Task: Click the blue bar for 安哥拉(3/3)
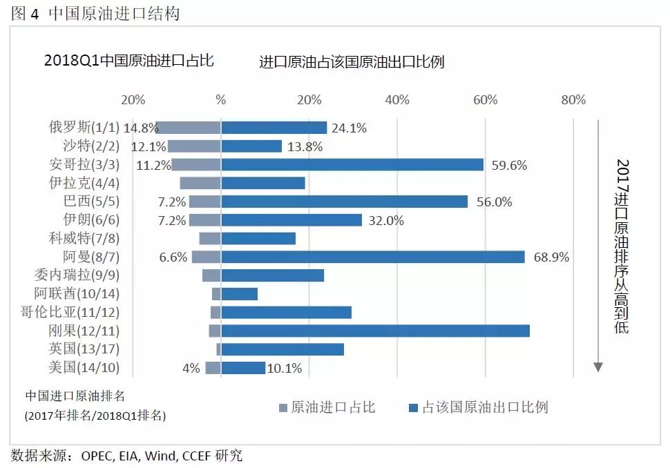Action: point(352,165)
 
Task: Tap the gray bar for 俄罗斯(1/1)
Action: point(190,128)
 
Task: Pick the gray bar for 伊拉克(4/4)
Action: point(200,183)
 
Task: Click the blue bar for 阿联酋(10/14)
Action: point(240,294)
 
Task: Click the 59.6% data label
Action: point(509,165)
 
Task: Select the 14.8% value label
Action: point(141,128)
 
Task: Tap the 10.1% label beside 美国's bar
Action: point(285,368)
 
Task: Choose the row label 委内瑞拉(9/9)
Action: point(73,275)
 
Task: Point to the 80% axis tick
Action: point(573,100)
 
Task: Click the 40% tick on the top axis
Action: point(397,100)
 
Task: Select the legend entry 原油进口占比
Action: point(333,407)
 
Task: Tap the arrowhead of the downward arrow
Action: point(598,367)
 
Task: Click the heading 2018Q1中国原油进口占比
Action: point(129,61)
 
